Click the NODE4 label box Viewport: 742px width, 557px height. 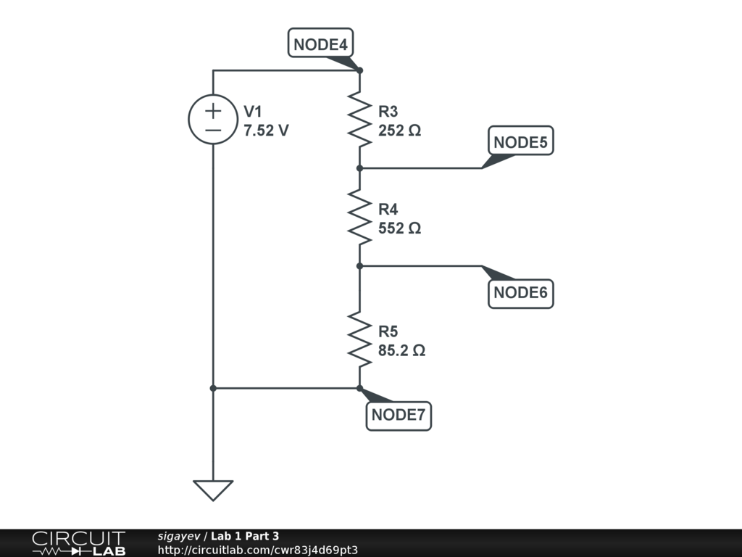pos(320,44)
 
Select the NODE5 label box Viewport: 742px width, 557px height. pos(520,141)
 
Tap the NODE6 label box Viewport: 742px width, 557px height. pos(520,293)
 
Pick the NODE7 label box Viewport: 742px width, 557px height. pos(399,416)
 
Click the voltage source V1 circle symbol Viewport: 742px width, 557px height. pos(213,119)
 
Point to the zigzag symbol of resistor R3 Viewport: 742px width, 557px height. pos(359,119)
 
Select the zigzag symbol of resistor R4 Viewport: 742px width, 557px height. pos(359,217)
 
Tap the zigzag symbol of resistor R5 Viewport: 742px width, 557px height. pos(359,339)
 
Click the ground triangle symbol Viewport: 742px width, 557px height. pos(213,490)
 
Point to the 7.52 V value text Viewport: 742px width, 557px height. pos(266,131)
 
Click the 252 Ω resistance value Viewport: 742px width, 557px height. pos(399,131)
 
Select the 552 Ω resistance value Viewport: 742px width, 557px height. pos(399,228)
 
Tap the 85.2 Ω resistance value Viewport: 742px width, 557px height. pos(401,350)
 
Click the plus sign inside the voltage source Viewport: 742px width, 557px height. pos(213,111)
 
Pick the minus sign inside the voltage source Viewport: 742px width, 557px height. pos(213,130)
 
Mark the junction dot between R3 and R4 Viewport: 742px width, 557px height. pos(359,168)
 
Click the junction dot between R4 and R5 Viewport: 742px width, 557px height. pos(359,266)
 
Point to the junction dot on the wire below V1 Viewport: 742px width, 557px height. pos(213,388)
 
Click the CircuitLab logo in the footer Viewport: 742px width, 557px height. pos(78,543)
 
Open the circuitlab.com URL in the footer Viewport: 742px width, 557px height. pos(257,550)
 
